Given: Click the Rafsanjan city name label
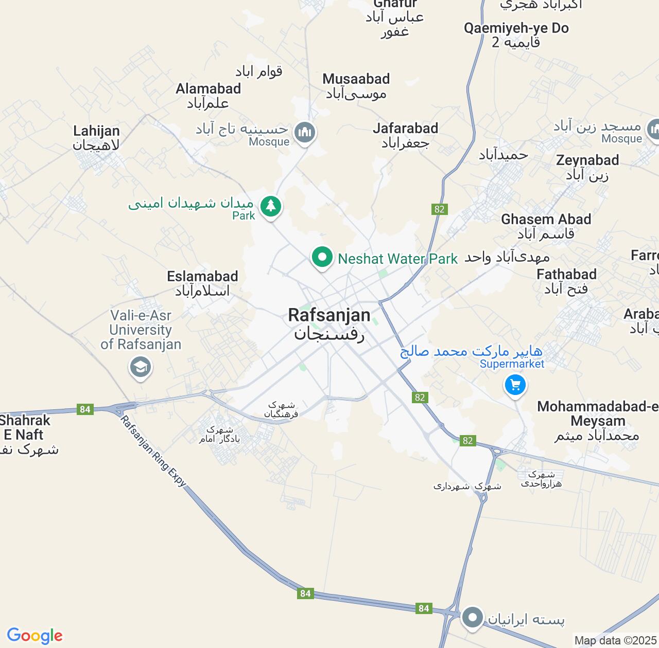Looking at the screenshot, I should (x=329, y=315).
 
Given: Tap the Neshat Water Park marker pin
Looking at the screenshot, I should (x=322, y=256).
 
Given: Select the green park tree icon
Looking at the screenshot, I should (x=271, y=206).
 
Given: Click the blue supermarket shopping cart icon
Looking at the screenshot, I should (x=515, y=384).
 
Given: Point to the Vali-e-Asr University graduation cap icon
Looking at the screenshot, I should (x=140, y=367).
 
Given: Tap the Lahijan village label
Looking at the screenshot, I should (x=96, y=131).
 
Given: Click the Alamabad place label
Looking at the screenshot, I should (x=208, y=89).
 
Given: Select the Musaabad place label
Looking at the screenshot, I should (x=356, y=79).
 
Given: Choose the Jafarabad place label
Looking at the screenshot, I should (x=405, y=129).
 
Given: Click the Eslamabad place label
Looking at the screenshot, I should (x=202, y=277).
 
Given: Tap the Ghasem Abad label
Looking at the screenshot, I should (x=546, y=220).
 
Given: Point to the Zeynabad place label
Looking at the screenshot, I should (x=587, y=160).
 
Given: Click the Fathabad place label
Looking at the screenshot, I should (x=566, y=275).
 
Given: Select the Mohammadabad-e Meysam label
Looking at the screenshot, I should (x=597, y=414).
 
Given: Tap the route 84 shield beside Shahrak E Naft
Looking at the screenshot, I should (x=85, y=409).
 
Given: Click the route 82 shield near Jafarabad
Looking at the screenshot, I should (x=439, y=209).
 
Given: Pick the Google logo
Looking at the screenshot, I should (x=34, y=636).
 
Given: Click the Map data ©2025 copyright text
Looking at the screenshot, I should (x=615, y=641).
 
